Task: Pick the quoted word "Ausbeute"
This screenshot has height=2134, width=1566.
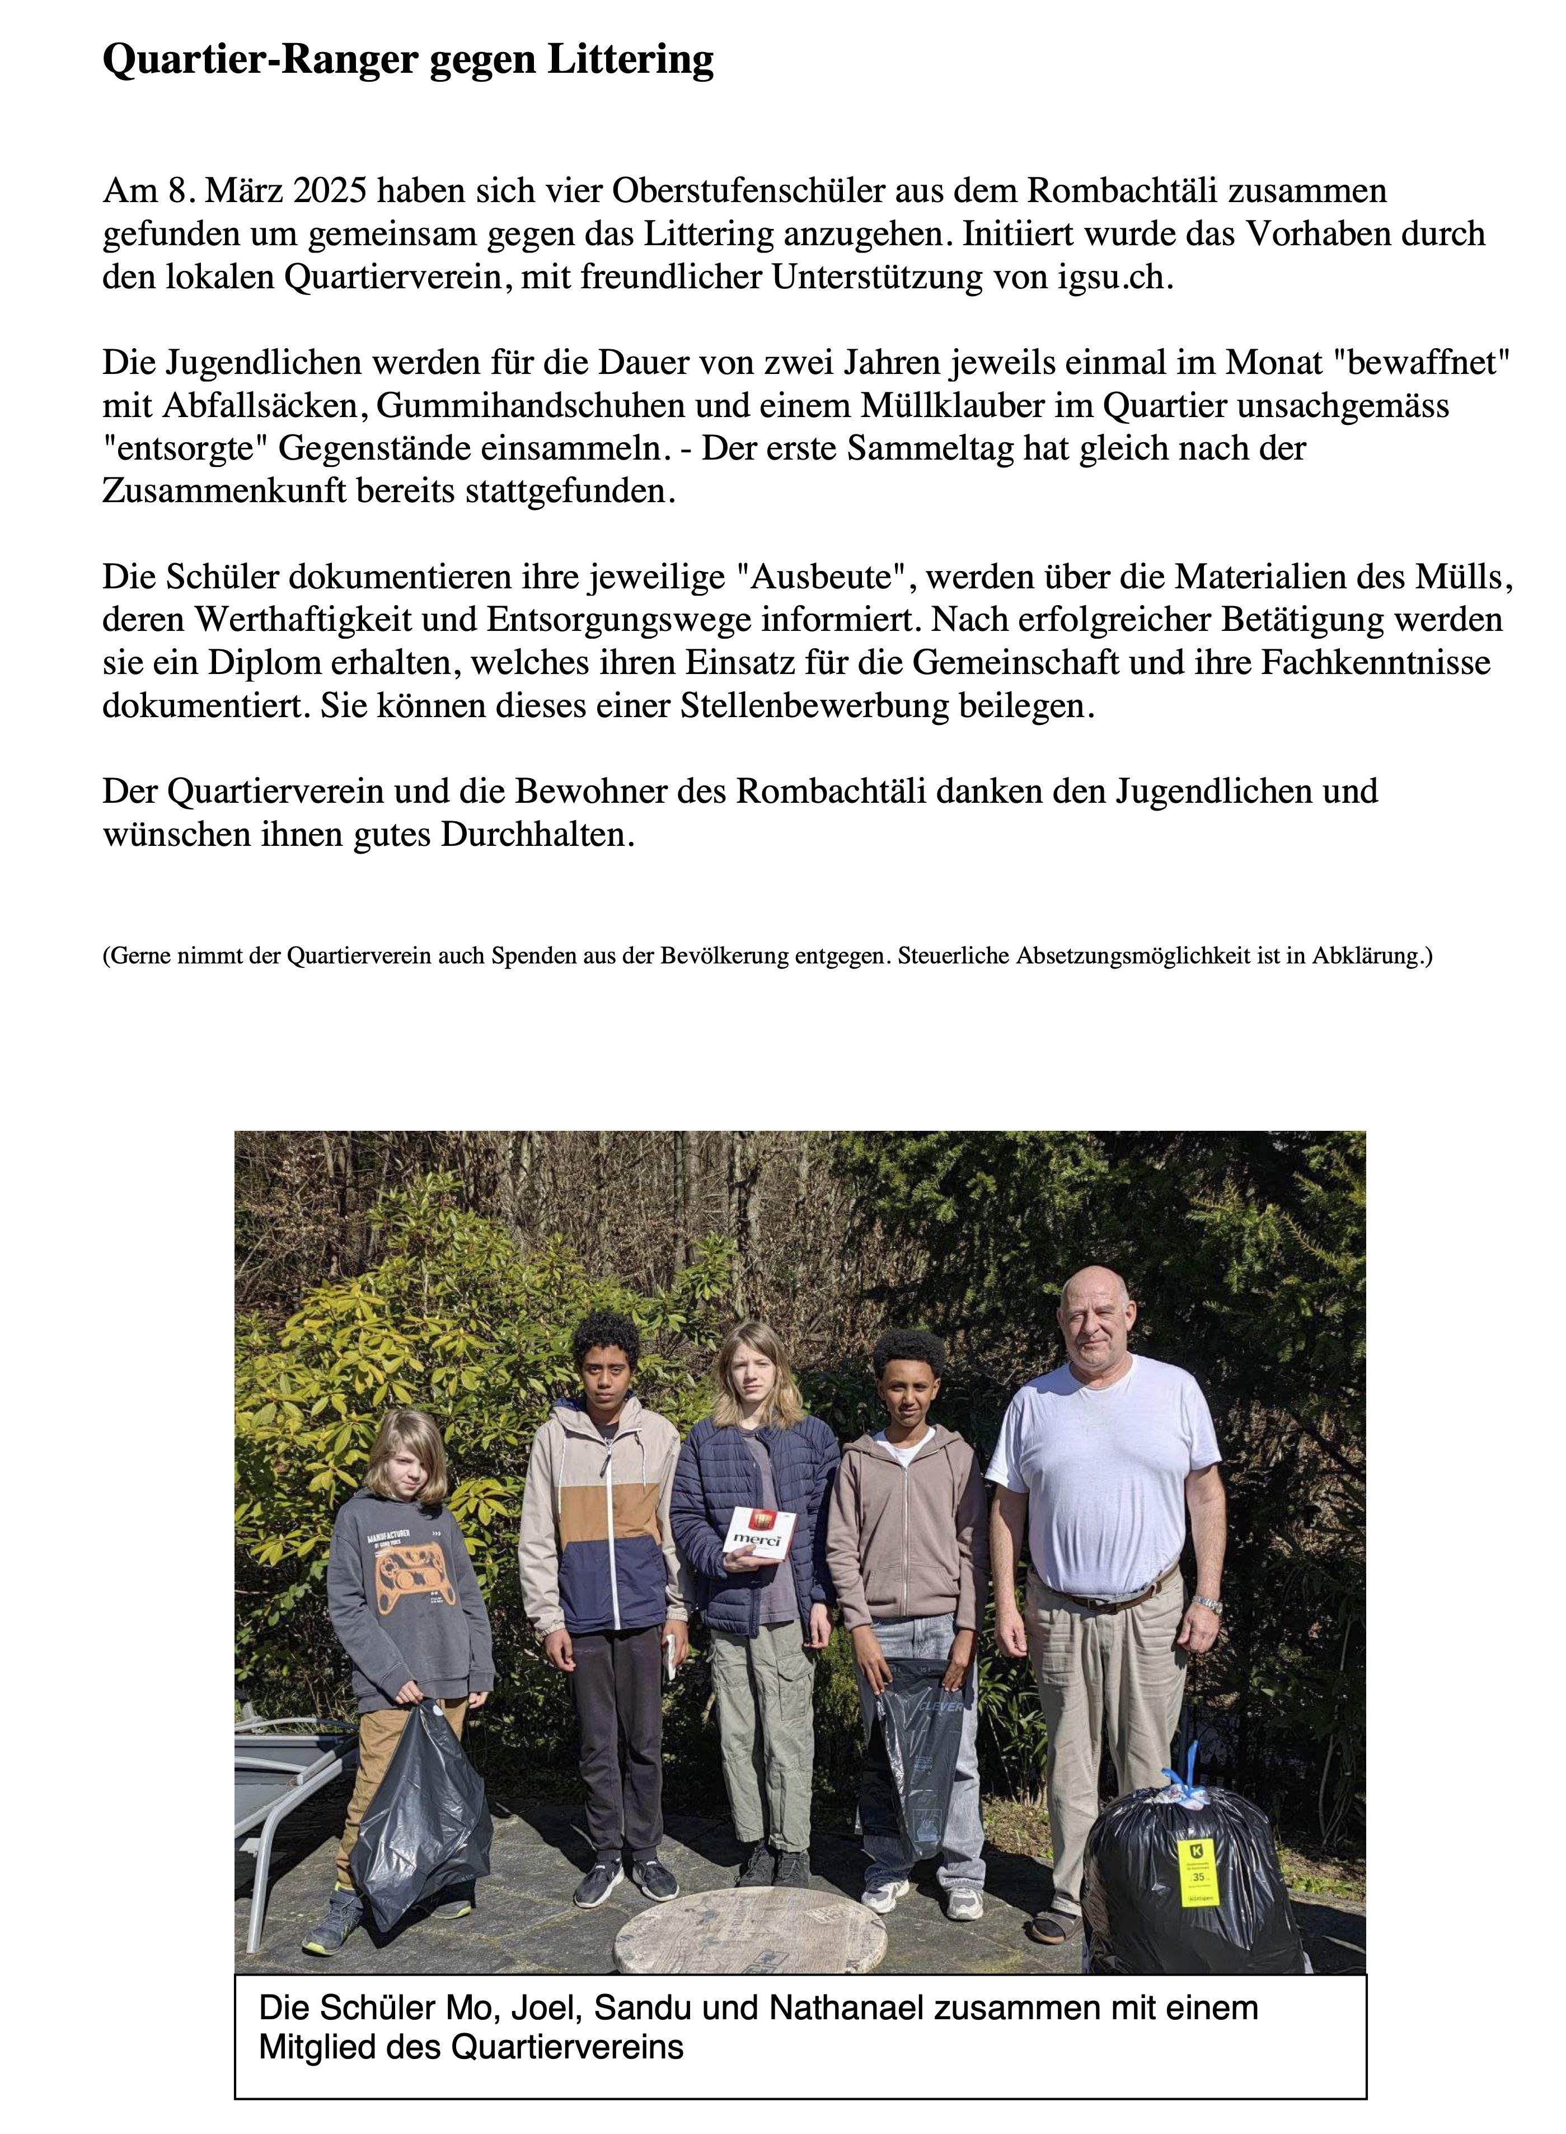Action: (x=822, y=577)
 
